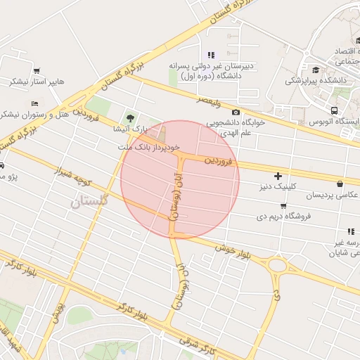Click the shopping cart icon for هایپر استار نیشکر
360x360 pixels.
[x=37, y=70]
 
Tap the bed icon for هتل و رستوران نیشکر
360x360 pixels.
[x=35, y=103]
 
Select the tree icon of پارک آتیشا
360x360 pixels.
[x=129, y=117]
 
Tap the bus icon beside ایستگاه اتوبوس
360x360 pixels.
[x=333, y=110]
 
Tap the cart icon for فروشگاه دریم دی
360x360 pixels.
[x=283, y=206]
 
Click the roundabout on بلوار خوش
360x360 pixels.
[x=276, y=266]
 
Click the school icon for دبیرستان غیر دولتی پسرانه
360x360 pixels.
[x=210, y=54]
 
